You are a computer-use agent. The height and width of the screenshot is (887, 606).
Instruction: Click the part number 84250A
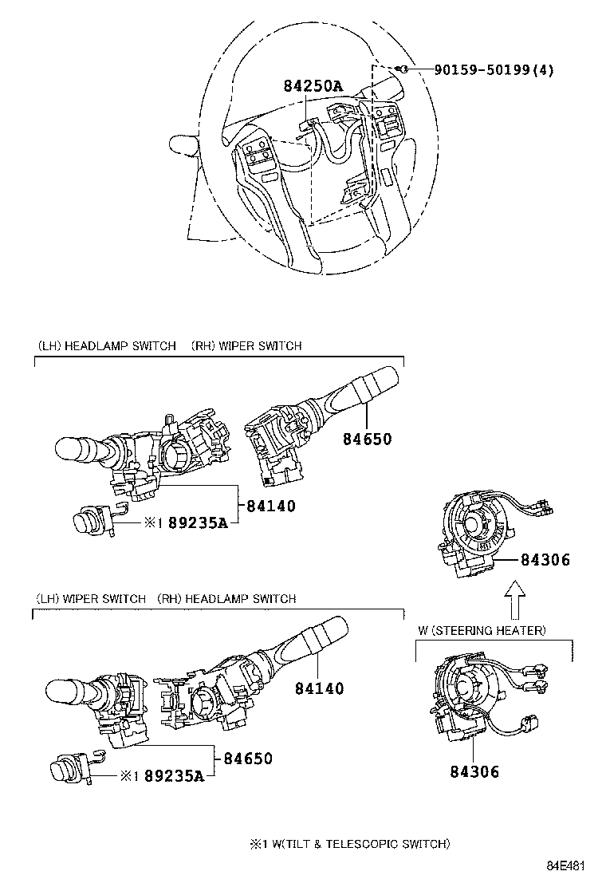[x=314, y=85]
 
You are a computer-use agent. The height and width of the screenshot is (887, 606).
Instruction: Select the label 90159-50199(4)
[x=494, y=69]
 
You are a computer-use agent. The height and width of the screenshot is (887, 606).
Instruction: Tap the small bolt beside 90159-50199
[x=405, y=69]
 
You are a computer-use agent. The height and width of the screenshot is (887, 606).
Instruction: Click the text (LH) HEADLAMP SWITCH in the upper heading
[x=106, y=346]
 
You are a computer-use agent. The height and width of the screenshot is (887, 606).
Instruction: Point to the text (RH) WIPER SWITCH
[x=246, y=346]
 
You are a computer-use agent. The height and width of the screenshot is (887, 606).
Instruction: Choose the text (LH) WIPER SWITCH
[x=91, y=598]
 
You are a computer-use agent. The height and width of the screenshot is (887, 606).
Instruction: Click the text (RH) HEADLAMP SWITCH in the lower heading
[x=226, y=598]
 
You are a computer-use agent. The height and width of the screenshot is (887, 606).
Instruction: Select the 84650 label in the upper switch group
[x=368, y=438]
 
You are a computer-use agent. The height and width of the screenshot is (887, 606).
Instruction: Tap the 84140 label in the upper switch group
[x=271, y=505]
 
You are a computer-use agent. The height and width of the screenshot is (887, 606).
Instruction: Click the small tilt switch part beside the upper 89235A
[x=92, y=522]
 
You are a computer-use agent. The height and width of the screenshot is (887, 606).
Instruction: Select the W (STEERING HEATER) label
[x=482, y=631]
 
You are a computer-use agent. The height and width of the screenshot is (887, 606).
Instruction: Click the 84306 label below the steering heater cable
[x=474, y=771]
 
